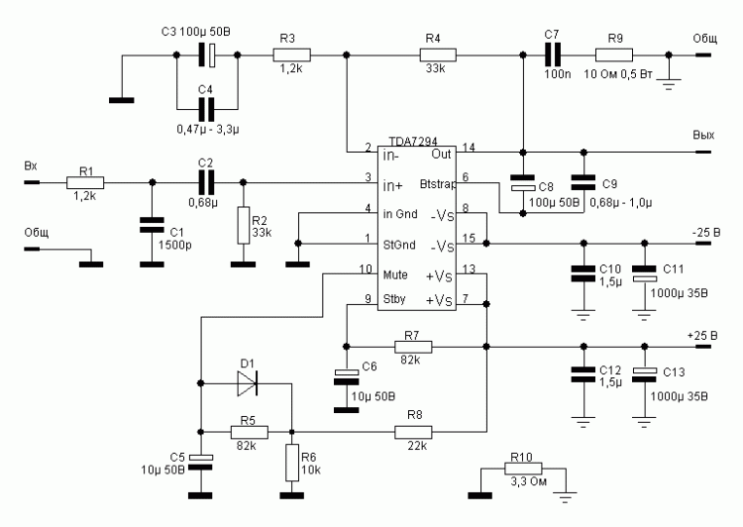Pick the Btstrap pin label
click(434, 184)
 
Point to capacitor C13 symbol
click(645, 372)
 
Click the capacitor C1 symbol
click(151, 225)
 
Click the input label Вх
click(32, 167)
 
